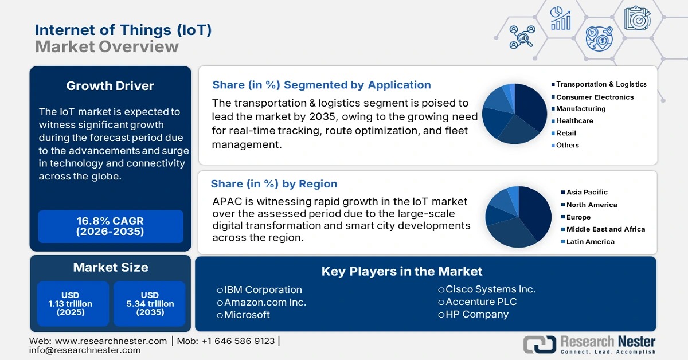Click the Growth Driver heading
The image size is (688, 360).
click(x=110, y=86)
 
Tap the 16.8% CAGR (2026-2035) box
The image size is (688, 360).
click(x=110, y=226)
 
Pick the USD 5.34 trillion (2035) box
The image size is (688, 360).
click(x=150, y=304)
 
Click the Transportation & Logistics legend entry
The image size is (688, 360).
click(x=601, y=84)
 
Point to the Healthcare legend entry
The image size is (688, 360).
click(x=574, y=121)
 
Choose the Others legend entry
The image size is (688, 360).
click(x=567, y=145)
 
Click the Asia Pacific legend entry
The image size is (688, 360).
click(x=587, y=192)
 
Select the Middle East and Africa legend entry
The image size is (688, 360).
click(x=605, y=229)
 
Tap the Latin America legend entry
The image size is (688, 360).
click(x=590, y=242)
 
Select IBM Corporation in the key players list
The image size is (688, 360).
click(x=263, y=289)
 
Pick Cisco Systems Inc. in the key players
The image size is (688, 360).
click(x=490, y=289)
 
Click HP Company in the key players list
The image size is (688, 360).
click(x=476, y=314)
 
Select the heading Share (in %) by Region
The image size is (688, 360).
click(x=274, y=184)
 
